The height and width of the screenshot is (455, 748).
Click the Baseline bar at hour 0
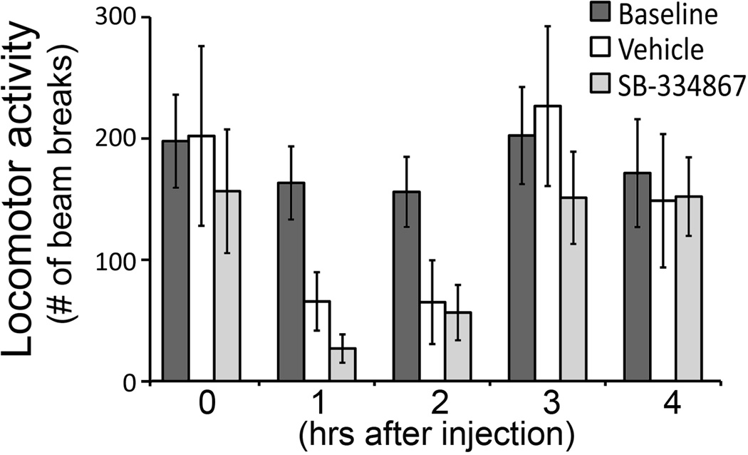tap(175, 261)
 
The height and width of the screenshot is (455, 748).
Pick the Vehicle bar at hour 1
tap(316, 341)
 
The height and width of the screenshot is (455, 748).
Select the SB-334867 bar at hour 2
tap(458, 347)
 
